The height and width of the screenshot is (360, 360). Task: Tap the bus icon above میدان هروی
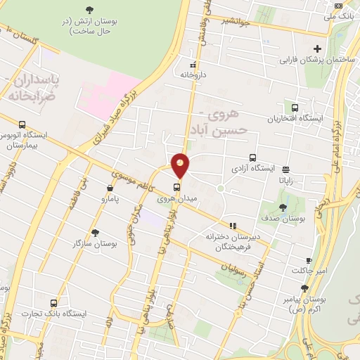pos(176,187)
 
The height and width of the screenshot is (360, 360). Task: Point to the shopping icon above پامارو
pos(110,188)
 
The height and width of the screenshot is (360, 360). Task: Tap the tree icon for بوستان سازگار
pos(96,233)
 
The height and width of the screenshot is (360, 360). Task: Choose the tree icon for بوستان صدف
pos(283,207)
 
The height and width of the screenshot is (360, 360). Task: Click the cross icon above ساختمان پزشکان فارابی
pos(317,49)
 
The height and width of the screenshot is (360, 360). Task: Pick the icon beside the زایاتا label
pos(285,169)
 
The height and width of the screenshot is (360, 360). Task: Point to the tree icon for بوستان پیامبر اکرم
pos(304,288)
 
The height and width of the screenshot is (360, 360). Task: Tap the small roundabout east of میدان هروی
pos(220,188)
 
